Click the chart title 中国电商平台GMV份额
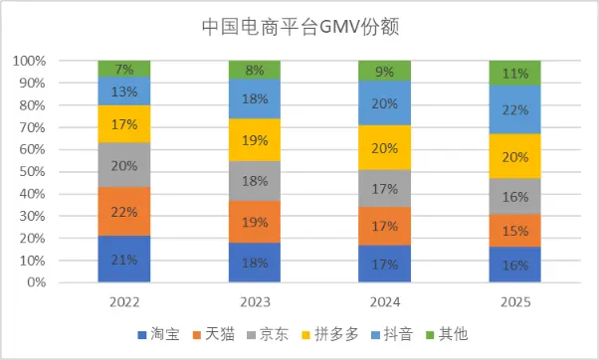tap(299, 26)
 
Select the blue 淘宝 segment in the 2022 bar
tap(124, 260)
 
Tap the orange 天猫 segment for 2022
tap(124, 212)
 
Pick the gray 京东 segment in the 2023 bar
tap(255, 182)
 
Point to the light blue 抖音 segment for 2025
tap(514, 109)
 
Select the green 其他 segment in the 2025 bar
tap(514, 73)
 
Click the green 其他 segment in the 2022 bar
tap(124, 69)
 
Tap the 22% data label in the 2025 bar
tap(514, 109)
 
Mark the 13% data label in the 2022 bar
tap(124, 91)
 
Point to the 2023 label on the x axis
tap(255, 299)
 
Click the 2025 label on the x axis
tap(514, 299)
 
